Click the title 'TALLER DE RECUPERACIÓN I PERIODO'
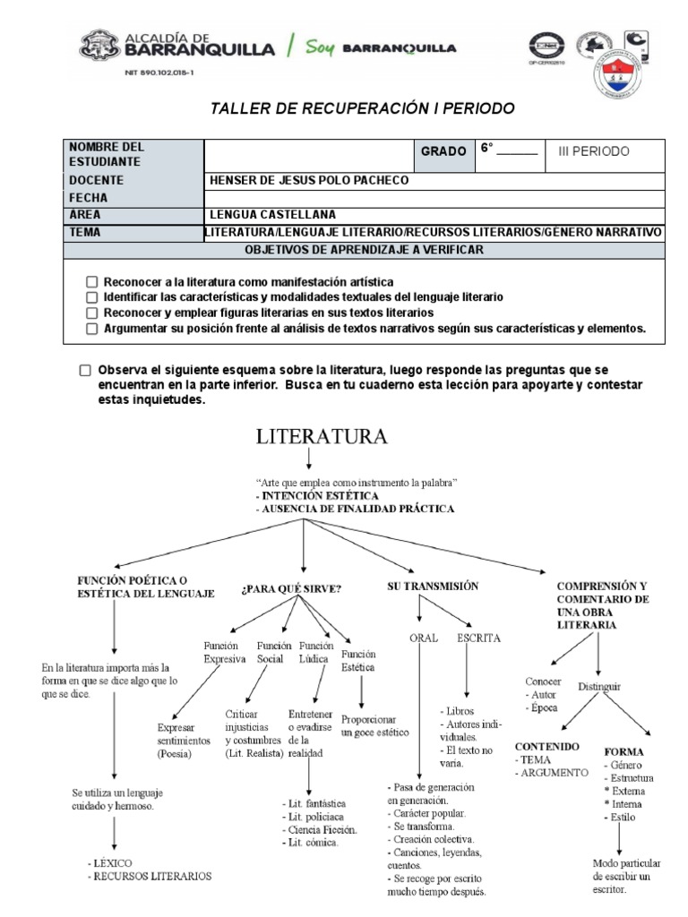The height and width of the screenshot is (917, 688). [362, 109]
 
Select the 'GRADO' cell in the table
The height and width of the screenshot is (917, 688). [443, 152]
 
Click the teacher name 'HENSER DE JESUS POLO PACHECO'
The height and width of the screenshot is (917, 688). [308, 180]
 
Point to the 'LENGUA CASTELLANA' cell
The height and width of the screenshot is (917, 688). [272, 215]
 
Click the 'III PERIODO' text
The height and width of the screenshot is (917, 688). [593, 151]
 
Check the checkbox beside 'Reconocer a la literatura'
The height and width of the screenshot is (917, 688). [91, 281]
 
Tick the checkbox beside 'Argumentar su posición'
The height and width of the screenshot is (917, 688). [91, 329]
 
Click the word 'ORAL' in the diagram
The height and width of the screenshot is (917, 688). [423, 638]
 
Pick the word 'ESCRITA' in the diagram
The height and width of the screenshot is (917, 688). [478, 638]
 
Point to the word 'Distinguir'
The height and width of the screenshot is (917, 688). [599, 687]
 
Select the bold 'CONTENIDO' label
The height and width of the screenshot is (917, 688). [546, 746]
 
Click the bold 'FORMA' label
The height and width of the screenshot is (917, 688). [623, 752]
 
